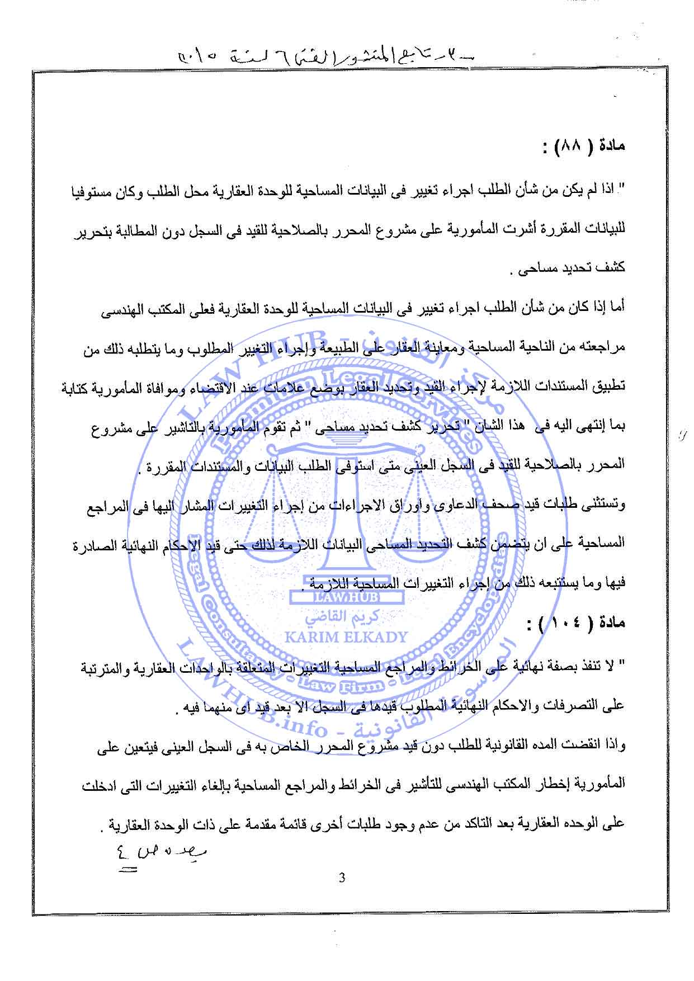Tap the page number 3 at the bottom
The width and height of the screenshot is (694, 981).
pyautogui.click(x=342, y=878)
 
